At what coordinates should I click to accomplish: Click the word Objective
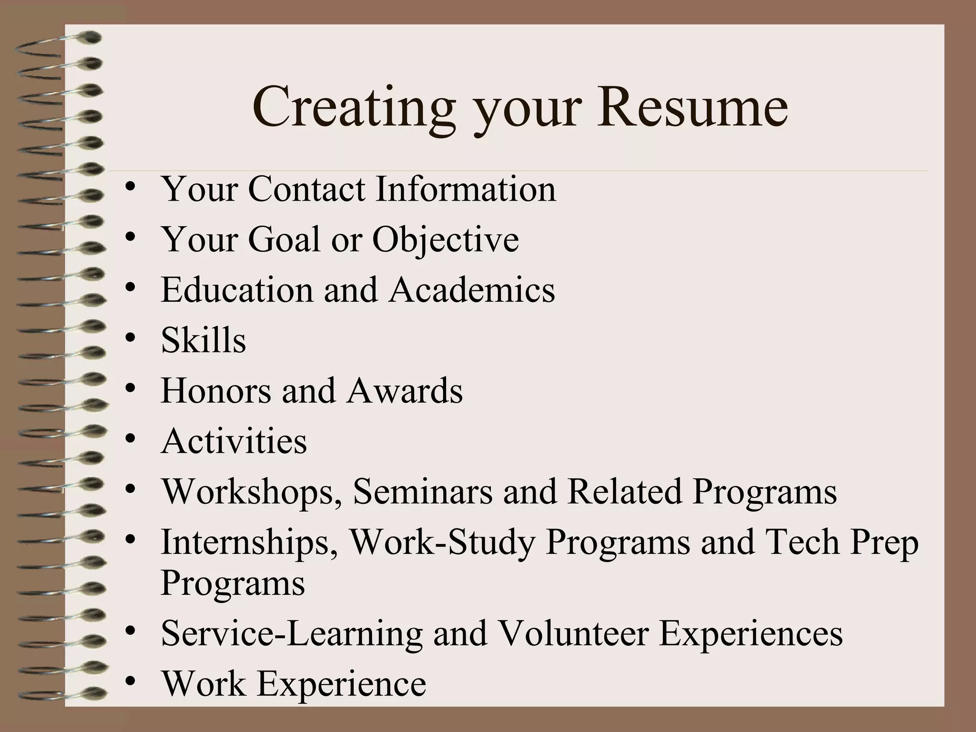pyautogui.click(x=445, y=240)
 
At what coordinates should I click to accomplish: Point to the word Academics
pyautogui.click(x=472, y=290)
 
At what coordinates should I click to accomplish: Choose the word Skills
pyautogui.click(x=203, y=340)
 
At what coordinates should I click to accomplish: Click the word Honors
pyautogui.click(x=216, y=391)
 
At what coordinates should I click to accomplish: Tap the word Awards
pyautogui.click(x=405, y=391)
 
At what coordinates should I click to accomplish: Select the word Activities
pyautogui.click(x=234, y=441)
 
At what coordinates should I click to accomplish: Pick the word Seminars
pyautogui.click(x=423, y=491)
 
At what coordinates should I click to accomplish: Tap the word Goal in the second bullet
pyautogui.click(x=284, y=239)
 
